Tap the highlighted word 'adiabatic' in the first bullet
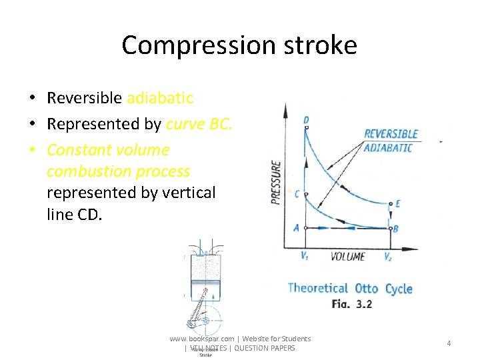click(x=160, y=98)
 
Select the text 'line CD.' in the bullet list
click(x=74, y=215)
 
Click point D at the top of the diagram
click(x=305, y=121)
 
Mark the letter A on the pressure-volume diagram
click(x=297, y=228)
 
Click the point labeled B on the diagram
click(x=396, y=229)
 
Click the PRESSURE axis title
click(x=276, y=182)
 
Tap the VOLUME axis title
click(x=347, y=256)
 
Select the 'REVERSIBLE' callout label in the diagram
click(x=391, y=134)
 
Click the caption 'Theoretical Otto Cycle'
click(x=349, y=288)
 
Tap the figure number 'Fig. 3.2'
click(x=351, y=303)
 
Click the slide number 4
click(x=449, y=343)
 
